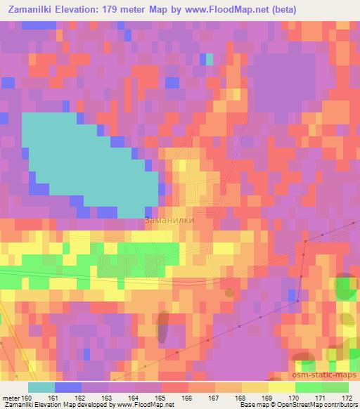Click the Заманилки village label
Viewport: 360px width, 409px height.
(169, 220)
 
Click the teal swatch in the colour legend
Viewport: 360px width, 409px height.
(41, 387)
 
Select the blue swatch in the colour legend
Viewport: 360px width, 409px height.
(67, 387)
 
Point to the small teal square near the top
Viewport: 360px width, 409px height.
(209, 60)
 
